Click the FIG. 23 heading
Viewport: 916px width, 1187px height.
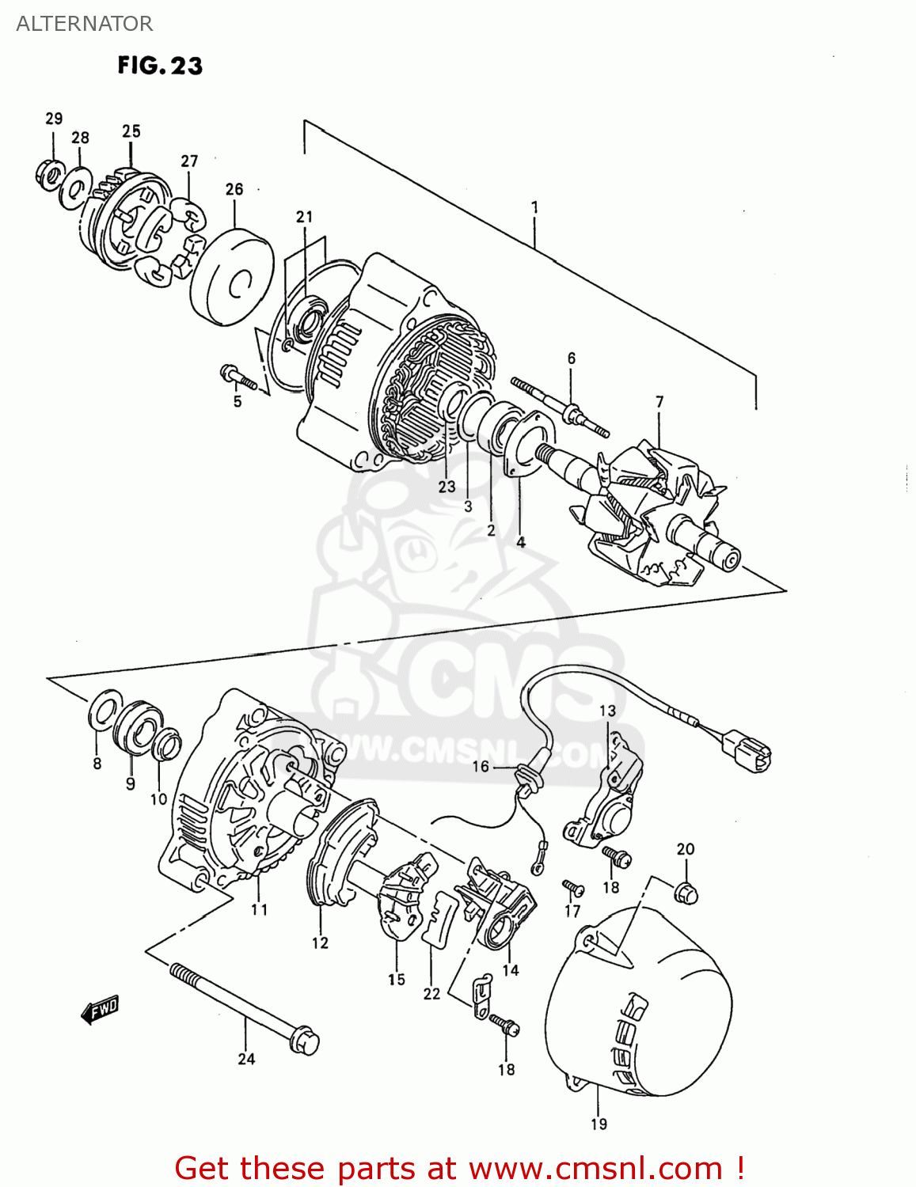[160, 65]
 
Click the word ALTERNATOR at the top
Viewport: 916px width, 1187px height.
[84, 24]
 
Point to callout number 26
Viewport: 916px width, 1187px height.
[234, 189]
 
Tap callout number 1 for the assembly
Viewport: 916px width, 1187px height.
[535, 207]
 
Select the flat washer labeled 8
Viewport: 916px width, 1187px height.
[104, 712]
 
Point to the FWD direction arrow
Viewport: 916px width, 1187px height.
[100, 1010]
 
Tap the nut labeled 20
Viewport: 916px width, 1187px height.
[686, 893]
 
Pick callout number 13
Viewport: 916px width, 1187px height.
[607, 711]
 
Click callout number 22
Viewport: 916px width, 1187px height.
[431, 993]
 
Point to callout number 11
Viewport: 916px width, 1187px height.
[260, 910]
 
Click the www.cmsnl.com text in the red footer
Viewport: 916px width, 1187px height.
[595, 1169]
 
